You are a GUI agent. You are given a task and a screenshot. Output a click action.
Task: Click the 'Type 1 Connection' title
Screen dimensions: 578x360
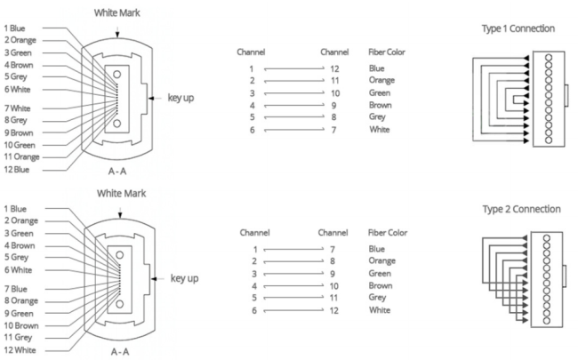[518, 28]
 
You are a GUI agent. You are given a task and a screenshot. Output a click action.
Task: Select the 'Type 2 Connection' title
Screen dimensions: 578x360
[522, 209]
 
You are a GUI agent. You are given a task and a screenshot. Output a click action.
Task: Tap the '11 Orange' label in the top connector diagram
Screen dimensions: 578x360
[21, 157]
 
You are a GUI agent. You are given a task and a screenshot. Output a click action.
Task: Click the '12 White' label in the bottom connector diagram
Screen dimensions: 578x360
[20, 350]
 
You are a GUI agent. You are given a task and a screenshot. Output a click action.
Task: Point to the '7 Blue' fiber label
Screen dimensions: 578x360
[15, 289]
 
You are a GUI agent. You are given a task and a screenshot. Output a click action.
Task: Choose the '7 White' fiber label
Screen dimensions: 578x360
[17, 108]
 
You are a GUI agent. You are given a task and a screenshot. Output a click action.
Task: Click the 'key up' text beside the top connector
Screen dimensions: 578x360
[181, 98]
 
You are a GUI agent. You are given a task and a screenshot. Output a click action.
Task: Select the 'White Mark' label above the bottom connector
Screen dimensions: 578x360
[121, 194]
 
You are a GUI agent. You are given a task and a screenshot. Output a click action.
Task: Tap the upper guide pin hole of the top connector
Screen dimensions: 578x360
[116, 75]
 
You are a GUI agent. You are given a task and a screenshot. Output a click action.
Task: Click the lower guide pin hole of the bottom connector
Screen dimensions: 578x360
[119, 304]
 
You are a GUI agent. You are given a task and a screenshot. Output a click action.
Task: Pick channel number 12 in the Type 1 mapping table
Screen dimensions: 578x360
[334, 69]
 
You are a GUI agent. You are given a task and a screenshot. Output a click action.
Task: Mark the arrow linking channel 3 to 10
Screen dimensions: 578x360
[294, 93]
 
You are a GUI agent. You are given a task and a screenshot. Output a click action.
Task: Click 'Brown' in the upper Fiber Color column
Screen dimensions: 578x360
[381, 106]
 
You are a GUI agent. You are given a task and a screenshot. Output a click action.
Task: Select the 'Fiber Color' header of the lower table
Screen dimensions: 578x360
[388, 233]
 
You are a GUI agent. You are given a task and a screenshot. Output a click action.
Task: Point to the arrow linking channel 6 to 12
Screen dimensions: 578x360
[293, 310]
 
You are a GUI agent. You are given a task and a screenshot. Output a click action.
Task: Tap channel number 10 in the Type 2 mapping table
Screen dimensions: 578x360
[334, 286]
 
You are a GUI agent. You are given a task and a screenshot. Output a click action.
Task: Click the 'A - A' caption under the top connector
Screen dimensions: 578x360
[117, 172]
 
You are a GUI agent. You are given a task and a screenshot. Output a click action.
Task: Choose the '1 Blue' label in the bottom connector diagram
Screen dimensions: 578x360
[15, 209]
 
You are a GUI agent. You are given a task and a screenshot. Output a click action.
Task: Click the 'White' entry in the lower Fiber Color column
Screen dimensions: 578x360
[380, 310]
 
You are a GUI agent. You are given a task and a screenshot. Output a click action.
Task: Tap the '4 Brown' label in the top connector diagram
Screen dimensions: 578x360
[19, 65]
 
